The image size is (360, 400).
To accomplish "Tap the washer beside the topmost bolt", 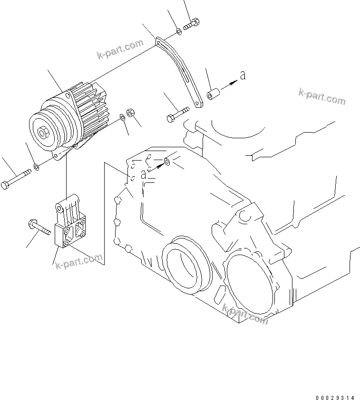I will [x=178, y=31].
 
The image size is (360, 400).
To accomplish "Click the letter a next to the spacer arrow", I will [x=243, y=75].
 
